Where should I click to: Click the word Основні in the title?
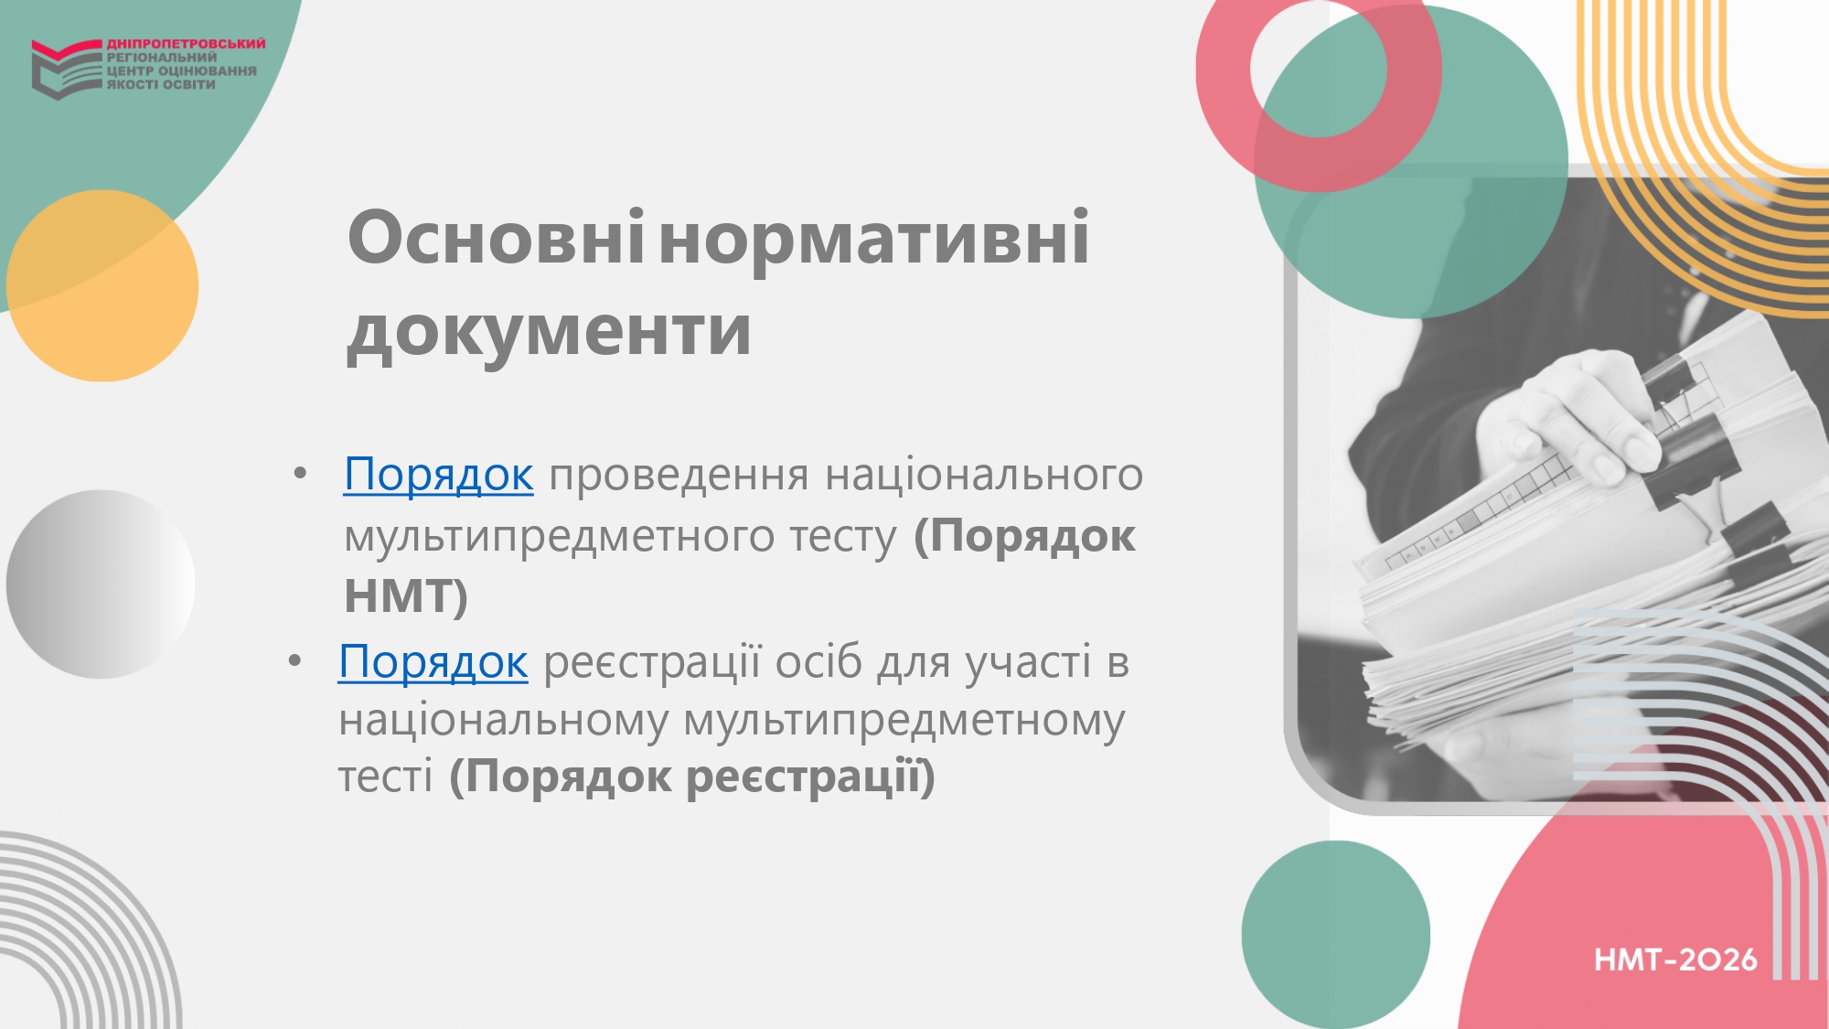tap(497, 237)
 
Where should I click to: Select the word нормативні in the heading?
tap(874, 237)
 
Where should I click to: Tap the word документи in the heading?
tap(549, 331)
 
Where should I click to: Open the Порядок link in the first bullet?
tap(438, 476)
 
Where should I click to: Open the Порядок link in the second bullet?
tap(433, 662)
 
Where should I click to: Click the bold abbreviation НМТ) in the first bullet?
tap(406, 595)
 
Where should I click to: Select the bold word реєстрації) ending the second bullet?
tap(810, 777)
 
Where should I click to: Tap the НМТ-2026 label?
tap(1675, 959)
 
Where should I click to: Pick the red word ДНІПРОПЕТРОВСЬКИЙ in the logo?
tap(187, 43)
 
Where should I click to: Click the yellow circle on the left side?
tap(102, 285)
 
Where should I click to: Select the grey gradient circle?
tap(101, 584)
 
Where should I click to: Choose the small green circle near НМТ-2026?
tap(1336, 935)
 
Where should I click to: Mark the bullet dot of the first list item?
tap(300, 474)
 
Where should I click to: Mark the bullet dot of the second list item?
tap(294, 660)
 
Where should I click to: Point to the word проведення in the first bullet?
tap(679, 476)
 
